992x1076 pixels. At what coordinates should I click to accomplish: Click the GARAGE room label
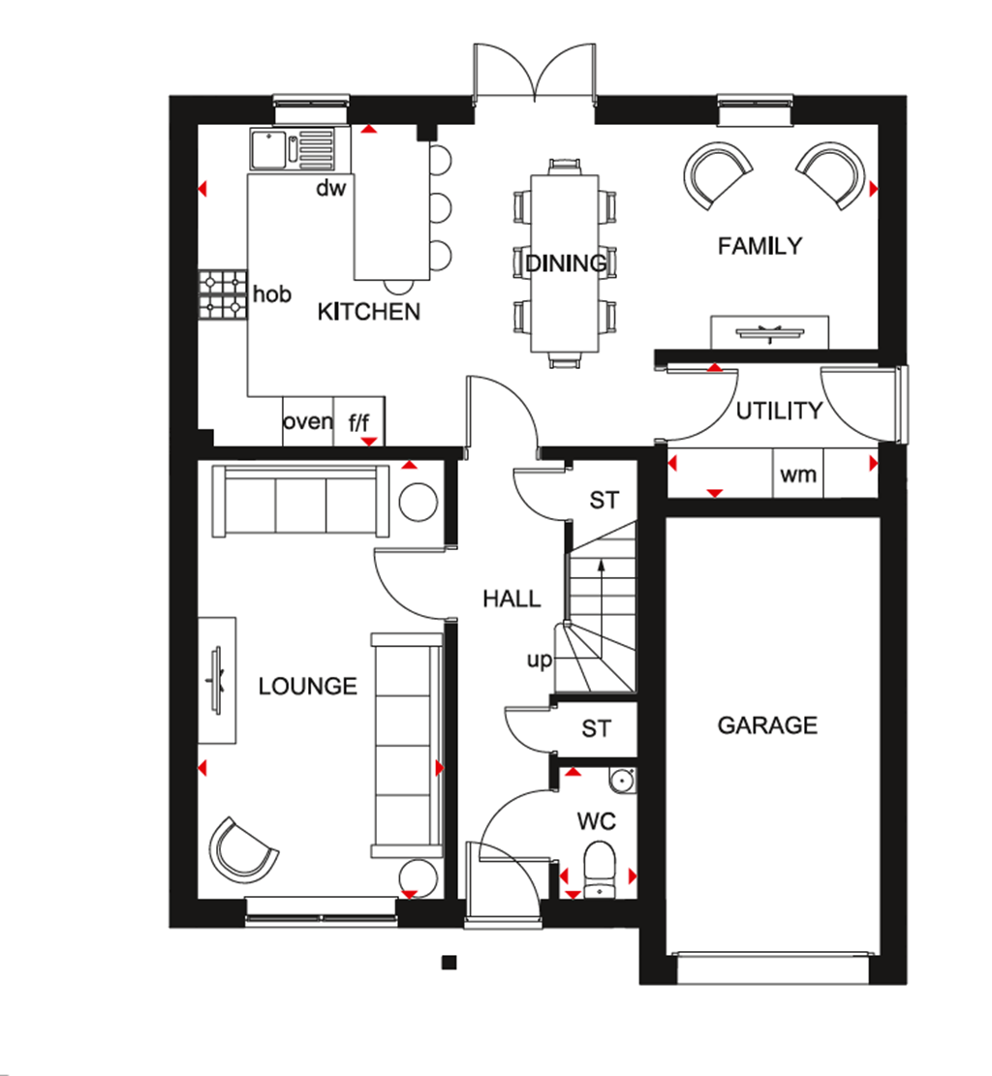click(767, 725)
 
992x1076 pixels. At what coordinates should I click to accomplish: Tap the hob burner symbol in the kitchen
click(224, 294)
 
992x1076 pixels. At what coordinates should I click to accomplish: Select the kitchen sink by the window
click(269, 149)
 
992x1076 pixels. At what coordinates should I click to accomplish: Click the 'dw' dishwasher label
click(330, 189)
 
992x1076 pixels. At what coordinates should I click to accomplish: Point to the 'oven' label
click(307, 422)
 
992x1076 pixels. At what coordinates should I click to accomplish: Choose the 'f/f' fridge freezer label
click(358, 422)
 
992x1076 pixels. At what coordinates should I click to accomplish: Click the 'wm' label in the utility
click(798, 475)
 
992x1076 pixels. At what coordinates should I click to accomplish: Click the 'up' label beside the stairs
click(539, 661)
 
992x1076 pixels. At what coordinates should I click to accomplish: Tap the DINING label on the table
click(566, 262)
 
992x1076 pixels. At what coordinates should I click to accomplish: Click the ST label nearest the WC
click(597, 728)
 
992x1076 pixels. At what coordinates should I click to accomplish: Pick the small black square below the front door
click(449, 962)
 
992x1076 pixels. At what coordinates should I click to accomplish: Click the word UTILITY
click(779, 411)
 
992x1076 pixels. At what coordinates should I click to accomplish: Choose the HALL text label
click(511, 599)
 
